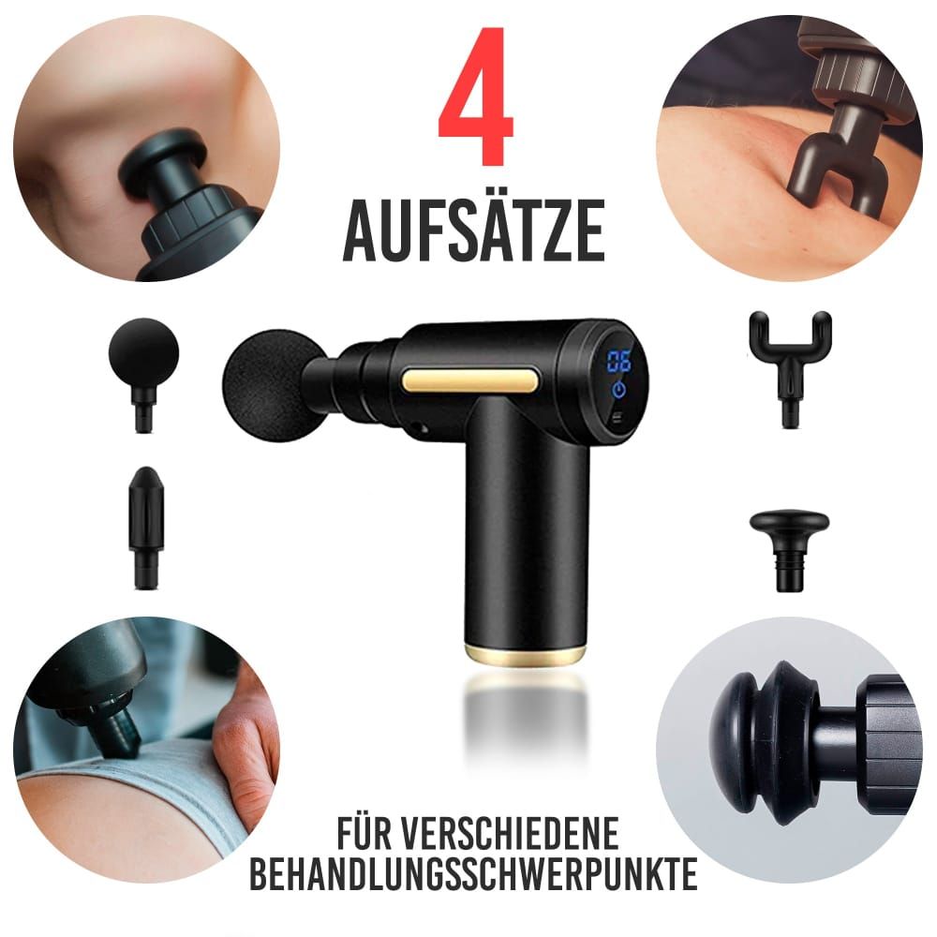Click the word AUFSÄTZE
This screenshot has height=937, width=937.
(x=473, y=229)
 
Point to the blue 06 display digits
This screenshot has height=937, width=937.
(x=618, y=362)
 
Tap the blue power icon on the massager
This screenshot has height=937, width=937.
(x=619, y=390)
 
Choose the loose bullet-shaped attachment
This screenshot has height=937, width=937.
(x=145, y=525)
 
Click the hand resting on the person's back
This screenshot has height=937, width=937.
(x=248, y=745)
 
